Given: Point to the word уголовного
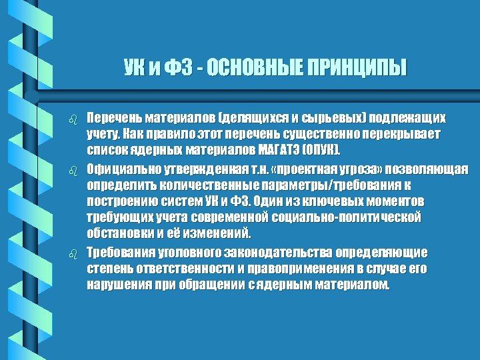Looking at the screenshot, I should coord(190,252).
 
